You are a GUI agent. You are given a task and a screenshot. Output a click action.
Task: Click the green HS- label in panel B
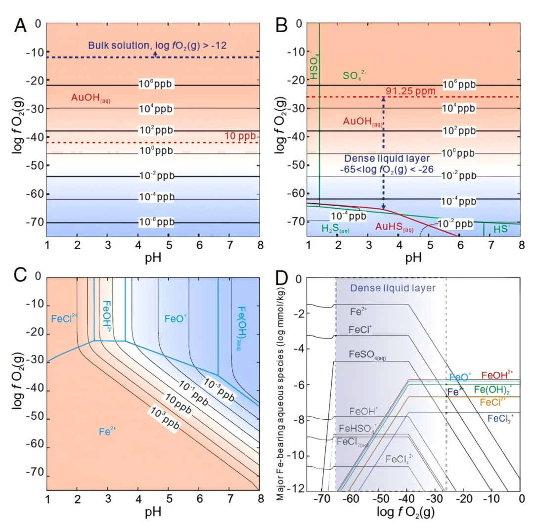[500, 229]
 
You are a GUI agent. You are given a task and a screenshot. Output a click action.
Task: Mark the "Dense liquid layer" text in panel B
[383, 159]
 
